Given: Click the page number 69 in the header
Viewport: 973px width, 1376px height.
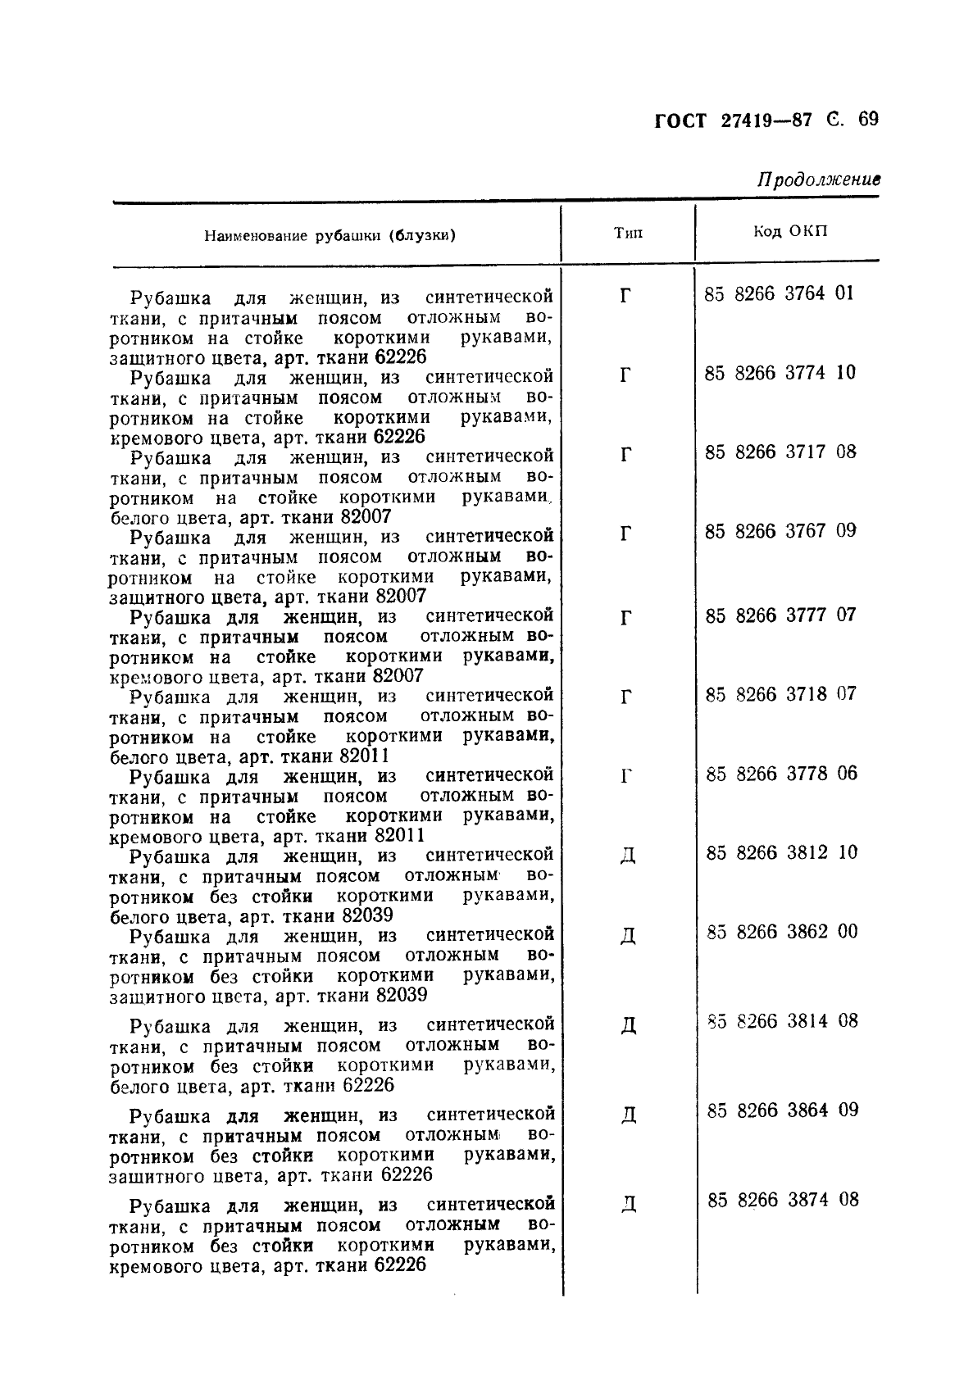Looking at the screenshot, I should [x=868, y=120].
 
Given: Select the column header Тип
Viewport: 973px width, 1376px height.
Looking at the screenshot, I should [x=628, y=233].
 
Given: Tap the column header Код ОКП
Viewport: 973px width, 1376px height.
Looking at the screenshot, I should [x=790, y=231].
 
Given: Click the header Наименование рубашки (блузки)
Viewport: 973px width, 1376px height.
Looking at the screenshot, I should [x=330, y=236].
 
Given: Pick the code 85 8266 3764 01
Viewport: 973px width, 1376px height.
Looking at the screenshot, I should [x=779, y=293].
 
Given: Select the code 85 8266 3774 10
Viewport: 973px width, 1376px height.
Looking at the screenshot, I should [x=780, y=373].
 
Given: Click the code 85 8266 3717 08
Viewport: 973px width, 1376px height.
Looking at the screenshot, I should [x=780, y=452].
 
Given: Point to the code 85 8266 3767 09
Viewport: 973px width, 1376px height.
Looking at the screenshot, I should [x=780, y=531].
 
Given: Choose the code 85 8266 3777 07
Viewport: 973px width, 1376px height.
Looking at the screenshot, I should [x=780, y=615].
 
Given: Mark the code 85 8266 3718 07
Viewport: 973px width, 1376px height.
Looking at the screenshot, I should [x=780, y=694].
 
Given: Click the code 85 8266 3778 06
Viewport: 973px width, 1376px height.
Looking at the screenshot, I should [x=780, y=774].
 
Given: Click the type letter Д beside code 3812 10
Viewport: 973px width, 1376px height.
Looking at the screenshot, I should [x=627, y=856].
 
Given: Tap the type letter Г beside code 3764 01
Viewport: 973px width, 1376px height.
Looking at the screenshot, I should [x=625, y=295].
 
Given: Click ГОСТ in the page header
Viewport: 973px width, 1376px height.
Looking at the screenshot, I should [x=680, y=121].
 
